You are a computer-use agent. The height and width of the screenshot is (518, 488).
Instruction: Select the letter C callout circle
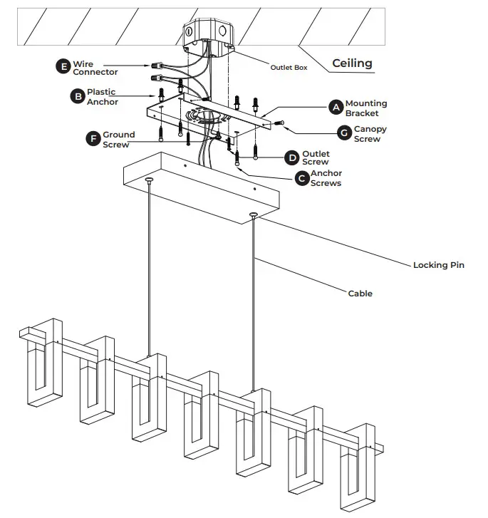(302, 177)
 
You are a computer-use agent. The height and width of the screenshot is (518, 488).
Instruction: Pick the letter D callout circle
(292, 157)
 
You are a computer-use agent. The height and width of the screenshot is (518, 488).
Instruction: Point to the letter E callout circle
(63, 67)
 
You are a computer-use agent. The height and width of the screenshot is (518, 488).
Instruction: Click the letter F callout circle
(93, 138)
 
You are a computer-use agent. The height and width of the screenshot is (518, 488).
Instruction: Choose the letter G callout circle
(345, 133)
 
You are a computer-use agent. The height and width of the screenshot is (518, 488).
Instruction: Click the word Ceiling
(352, 63)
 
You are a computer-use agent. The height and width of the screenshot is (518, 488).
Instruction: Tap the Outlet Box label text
(289, 68)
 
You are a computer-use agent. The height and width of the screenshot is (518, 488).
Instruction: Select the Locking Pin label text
(438, 265)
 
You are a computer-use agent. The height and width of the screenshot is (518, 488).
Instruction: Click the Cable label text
(360, 293)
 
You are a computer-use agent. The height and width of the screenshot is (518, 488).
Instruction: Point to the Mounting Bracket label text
(366, 108)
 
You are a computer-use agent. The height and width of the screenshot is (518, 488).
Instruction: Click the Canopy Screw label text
(370, 134)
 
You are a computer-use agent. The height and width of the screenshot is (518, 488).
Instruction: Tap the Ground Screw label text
(117, 139)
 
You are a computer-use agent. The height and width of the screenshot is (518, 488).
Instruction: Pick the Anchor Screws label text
(326, 178)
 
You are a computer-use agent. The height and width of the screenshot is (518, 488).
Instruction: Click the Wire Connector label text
(95, 68)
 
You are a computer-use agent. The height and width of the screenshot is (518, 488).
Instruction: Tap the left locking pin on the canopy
(150, 181)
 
